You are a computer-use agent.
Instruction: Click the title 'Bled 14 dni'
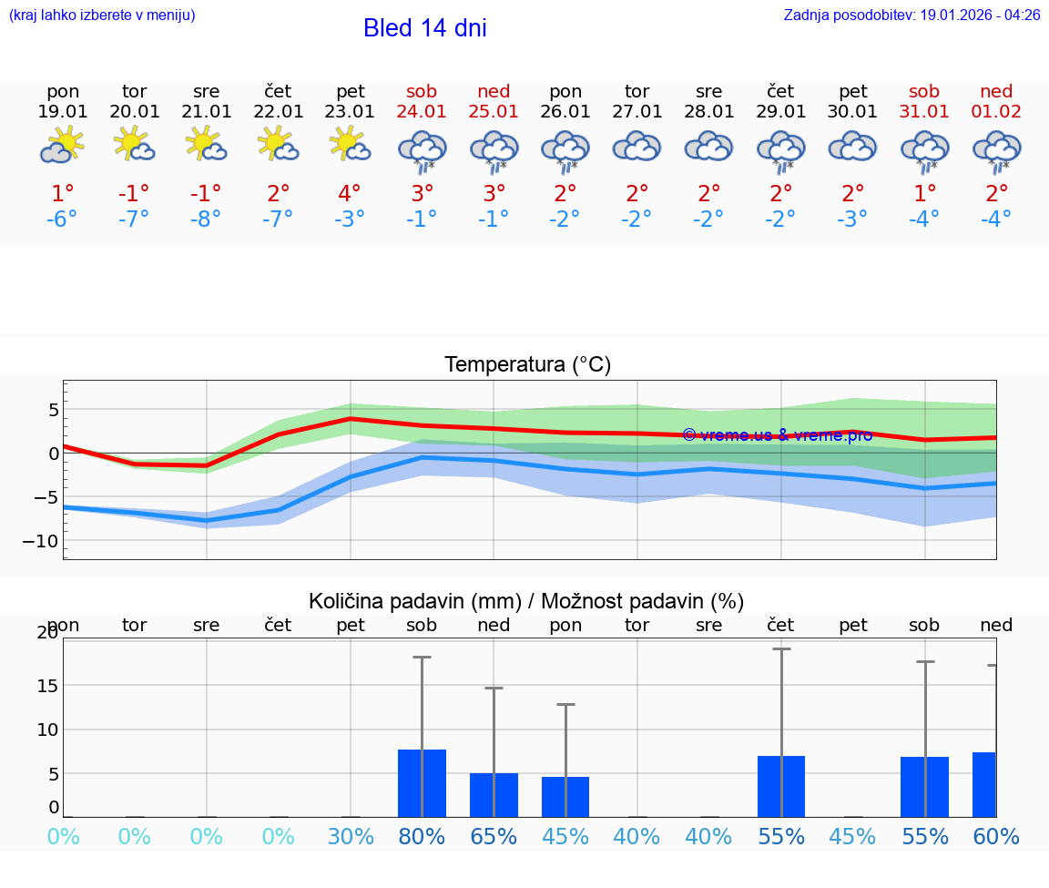point(424,28)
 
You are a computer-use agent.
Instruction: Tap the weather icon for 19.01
point(62,145)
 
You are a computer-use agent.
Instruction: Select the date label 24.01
point(422,112)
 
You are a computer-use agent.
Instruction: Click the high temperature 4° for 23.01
point(350,193)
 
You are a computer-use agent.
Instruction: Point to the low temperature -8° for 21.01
point(206,219)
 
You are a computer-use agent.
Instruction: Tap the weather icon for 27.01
point(637,146)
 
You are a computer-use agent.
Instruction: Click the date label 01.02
point(996,112)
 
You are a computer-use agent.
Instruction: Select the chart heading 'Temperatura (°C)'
point(527,365)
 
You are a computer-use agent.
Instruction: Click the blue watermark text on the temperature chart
point(777,435)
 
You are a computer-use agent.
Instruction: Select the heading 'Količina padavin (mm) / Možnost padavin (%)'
point(526,601)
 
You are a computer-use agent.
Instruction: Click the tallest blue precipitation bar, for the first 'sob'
point(422,783)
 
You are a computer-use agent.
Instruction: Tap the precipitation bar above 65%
point(494,795)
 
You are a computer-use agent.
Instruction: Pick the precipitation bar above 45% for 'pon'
point(565,797)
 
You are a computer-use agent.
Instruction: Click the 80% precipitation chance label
point(422,837)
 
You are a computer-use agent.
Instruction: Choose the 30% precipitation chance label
point(350,837)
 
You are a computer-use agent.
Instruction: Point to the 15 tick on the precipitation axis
point(46,685)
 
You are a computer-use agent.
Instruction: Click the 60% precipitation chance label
point(996,837)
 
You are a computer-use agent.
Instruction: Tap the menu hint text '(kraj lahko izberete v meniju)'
point(102,15)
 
